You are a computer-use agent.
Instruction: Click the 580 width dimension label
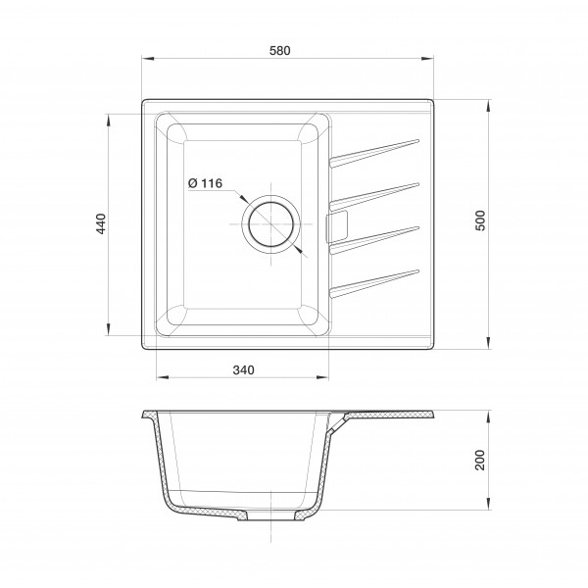279,50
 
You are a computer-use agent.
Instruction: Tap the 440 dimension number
102,223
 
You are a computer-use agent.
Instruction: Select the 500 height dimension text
480,220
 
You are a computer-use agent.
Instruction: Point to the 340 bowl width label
243,370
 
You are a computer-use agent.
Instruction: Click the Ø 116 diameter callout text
205,183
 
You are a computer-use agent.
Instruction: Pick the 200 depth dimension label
480,460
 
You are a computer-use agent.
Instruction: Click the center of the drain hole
270,224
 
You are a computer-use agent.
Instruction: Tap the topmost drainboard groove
374,153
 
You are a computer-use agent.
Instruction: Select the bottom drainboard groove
374,284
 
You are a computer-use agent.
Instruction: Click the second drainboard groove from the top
374,197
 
